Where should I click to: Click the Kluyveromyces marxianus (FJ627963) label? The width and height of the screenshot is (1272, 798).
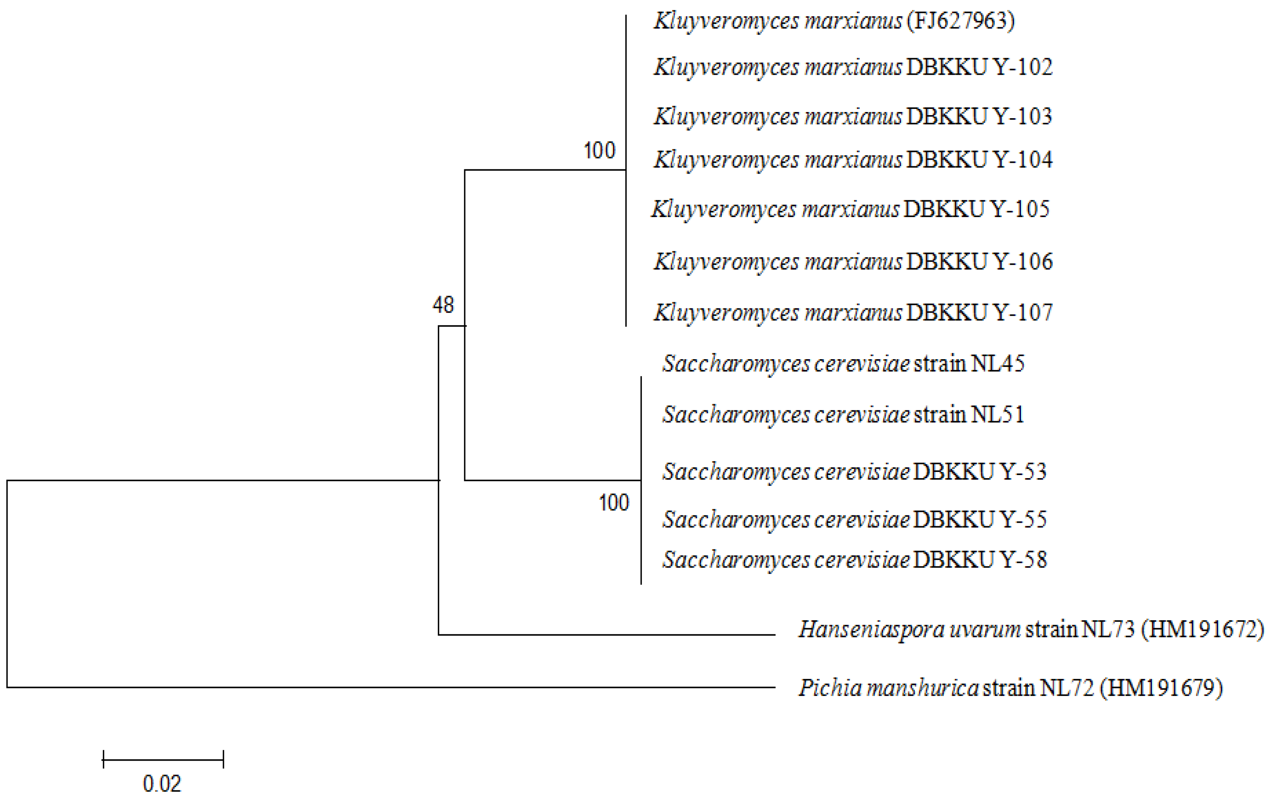834,22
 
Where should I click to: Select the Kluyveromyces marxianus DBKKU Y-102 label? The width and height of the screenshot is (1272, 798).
853,67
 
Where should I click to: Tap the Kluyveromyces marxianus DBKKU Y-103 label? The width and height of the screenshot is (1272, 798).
853,117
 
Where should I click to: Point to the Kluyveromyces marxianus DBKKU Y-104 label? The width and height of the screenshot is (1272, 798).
853,160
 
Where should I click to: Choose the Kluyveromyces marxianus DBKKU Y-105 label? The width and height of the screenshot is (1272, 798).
850,209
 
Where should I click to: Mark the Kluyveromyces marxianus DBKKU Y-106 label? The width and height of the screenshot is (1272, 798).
853,262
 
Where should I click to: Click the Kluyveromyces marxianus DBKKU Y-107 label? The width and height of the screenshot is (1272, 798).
853,313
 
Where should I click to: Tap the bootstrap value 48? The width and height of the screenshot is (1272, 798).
443,305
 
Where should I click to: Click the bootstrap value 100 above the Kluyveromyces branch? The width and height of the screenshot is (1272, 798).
599,151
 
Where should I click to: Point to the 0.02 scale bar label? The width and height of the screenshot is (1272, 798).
162,784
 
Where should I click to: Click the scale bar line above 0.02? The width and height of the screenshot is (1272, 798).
163,760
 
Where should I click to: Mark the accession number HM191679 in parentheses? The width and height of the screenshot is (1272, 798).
1161,688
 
